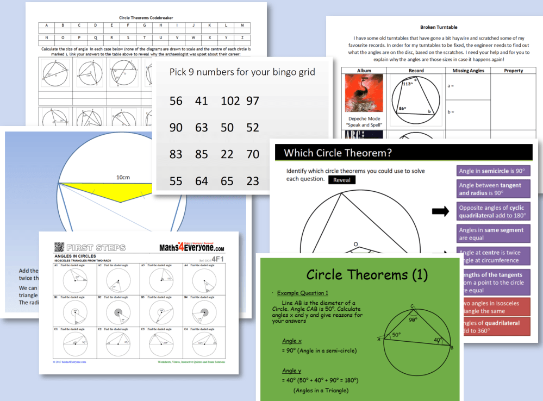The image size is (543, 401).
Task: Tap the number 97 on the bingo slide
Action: click(252, 101)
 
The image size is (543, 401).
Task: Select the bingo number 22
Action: click(227, 154)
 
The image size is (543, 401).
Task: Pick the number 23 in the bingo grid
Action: click(252, 181)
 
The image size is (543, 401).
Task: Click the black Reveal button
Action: click(342, 180)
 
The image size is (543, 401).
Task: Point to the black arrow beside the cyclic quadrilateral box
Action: click(441, 211)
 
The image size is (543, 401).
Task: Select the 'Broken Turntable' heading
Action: click(439, 27)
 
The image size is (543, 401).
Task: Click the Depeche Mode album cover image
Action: click(364, 93)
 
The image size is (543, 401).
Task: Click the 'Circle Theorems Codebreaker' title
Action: click(146, 17)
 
